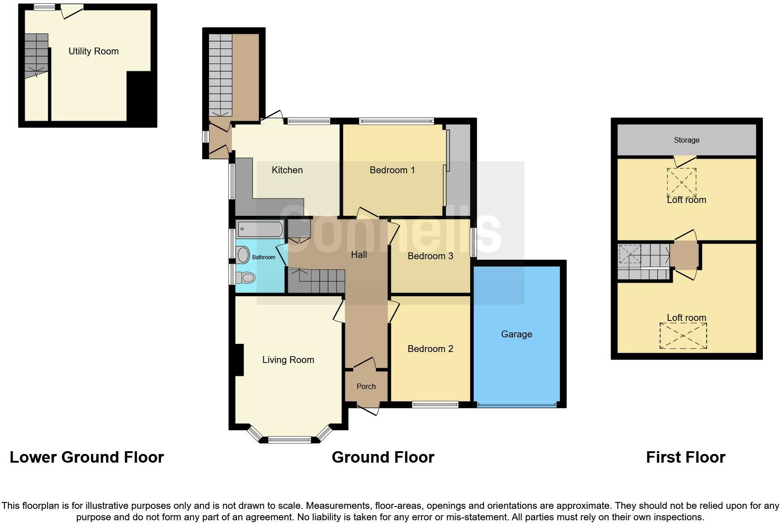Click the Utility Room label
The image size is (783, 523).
[93, 51]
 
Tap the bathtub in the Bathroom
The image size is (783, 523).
[260, 229]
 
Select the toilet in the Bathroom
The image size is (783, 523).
[247, 277]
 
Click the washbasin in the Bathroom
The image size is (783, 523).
[243, 255]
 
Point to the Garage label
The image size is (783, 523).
[516, 334]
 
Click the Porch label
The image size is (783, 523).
[366, 386]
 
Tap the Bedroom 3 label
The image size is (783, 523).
[430, 256]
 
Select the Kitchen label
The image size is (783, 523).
[287, 170]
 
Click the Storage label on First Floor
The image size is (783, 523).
[686, 140]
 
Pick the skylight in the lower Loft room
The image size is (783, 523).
[683, 336]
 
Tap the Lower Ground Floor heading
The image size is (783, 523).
[86, 457]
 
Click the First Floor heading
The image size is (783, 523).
[685, 457]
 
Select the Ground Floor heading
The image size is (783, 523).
[382, 457]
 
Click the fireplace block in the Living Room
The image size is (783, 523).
[239, 360]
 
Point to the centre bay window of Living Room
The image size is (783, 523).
[289, 440]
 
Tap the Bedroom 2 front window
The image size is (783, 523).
[434, 404]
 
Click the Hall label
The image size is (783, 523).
[359, 255]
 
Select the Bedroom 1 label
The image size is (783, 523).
[392, 170]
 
